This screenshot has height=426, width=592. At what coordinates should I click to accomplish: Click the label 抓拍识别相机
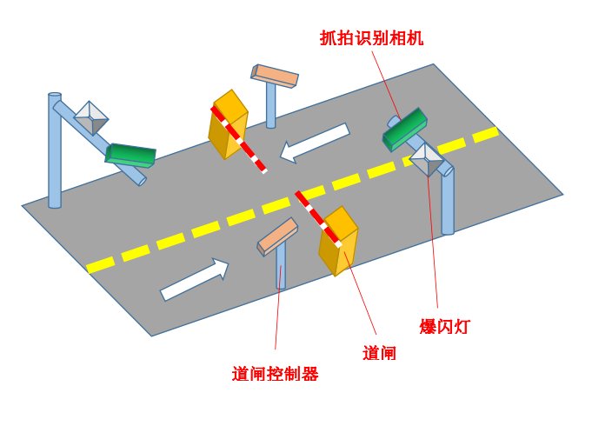click(x=371, y=38)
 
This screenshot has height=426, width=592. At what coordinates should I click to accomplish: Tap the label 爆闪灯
click(x=444, y=327)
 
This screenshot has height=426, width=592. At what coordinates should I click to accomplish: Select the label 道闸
click(x=379, y=353)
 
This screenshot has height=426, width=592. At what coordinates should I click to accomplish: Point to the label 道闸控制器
click(x=275, y=375)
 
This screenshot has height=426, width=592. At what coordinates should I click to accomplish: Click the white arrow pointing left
click(x=314, y=143)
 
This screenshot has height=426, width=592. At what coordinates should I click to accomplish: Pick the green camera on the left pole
click(x=130, y=155)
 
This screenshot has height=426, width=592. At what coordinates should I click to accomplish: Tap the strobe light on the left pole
click(x=90, y=116)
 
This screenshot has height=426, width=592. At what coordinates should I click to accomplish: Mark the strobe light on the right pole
click(x=427, y=158)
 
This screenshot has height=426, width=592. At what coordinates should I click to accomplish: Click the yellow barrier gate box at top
click(x=227, y=125)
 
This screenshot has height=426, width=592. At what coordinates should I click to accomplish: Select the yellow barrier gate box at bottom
click(x=338, y=241)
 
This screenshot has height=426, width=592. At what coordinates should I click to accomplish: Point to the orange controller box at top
click(x=275, y=76)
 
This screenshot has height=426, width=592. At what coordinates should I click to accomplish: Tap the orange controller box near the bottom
click(x=278, y=235)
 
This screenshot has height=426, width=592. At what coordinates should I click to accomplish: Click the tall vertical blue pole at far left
click(x=55, y=152)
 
